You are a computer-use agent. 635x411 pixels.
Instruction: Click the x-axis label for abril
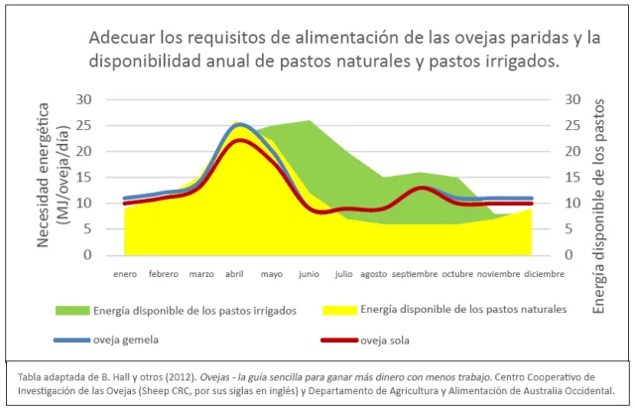235,273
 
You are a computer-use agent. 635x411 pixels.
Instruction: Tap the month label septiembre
415,273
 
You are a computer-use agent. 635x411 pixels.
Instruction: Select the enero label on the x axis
124,273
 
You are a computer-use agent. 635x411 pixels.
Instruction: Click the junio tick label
309,273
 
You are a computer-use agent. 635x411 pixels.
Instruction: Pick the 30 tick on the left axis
83,99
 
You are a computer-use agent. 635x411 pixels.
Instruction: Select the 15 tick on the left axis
83,178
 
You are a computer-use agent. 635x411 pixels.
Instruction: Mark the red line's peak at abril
238,140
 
